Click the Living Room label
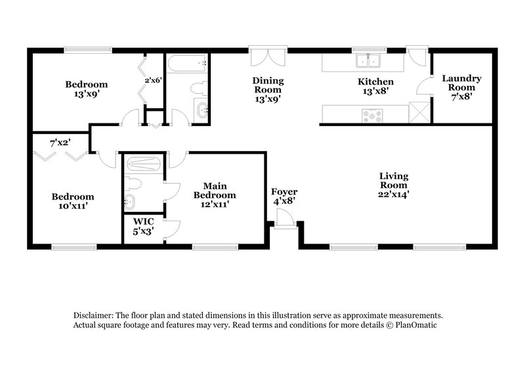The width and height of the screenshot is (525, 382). tap(394, 176)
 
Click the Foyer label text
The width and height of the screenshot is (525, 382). tap(283, 192)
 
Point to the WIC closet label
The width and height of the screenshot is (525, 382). tap(143, 222)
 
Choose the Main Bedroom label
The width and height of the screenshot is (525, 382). tap(215, 186)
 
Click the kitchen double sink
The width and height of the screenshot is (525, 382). tap(367, 61)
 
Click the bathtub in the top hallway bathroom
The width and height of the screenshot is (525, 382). tap(187, 64)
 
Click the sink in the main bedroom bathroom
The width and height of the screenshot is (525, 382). tap(131, 202)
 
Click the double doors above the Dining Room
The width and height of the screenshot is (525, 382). tap(267, 55)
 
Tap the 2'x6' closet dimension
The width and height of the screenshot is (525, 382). tap(153, 80)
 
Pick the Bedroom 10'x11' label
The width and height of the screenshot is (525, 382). tap(73, 201)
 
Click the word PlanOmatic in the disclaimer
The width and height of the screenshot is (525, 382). tap(414, 325)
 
